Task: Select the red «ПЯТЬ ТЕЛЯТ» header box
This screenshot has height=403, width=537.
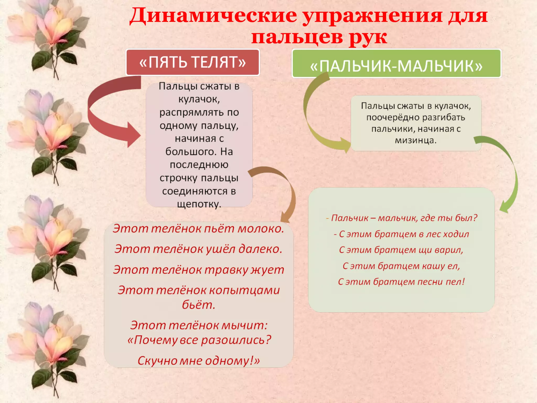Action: pyautogui.click(x=192, y=62)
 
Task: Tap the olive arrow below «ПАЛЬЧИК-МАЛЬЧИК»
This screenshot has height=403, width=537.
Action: pyautogui.click(x=315, y=118)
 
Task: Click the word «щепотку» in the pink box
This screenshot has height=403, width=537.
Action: pyautogui.click(x=199, y=204)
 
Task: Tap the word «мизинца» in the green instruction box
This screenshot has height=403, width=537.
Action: pyautogui.click(x=416, y=140)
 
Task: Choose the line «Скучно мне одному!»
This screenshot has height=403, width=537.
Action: pyautogui.click(x=198, y=361)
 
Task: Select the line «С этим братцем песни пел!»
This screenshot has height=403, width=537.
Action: pyautogui.click(x=401, y=282)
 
